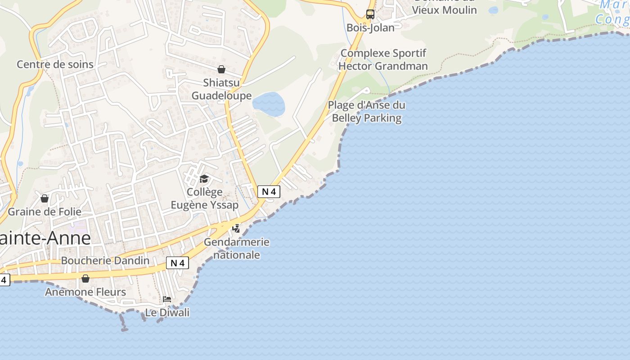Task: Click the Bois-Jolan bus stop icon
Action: [370, 14]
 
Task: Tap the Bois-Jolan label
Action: [370, 28]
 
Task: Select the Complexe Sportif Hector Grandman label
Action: [383, 59]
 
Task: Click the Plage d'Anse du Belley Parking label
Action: [366, 112]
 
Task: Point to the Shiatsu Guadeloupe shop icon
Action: [221, 69]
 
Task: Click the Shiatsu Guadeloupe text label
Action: [221, 89]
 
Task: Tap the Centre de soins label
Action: [55, 64]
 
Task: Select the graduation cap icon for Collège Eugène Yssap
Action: [204, 179]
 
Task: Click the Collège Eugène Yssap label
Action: [205, 198]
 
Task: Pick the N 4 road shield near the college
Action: [269, 192]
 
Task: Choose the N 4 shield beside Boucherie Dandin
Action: [177, 263]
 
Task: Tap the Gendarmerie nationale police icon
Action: [236, 229]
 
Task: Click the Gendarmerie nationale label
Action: [237, 248]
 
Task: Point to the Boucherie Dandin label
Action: [105, 261]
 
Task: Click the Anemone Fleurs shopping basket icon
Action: [85, 279]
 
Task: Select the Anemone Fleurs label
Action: [85, 292]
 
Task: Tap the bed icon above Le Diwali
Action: [167, 299]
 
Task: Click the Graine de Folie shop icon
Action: [45, 198]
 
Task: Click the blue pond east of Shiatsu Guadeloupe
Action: [269, 104]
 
